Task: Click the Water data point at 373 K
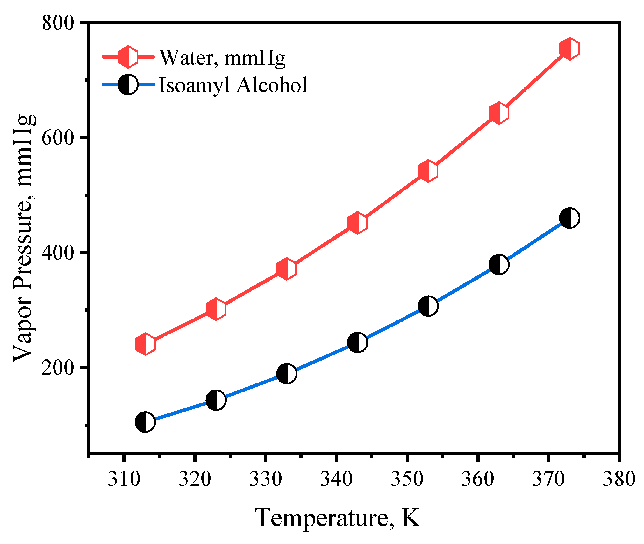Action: (x=569, y=48)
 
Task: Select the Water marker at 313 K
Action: (x=145, y=344)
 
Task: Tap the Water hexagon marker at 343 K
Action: (x=357, y=223)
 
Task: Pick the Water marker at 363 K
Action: (x=499, y=113)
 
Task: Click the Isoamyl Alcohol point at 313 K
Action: (x=145, y=422)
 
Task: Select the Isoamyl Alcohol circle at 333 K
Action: (x=287, y=373)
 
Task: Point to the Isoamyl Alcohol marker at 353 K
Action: (x=428, y=306)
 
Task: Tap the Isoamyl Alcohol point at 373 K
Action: (x=569, y=218)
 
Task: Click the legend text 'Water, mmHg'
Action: (x=222, y=58)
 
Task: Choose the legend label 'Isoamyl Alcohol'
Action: (x=233, y=85)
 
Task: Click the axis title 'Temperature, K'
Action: (x=337, y=517)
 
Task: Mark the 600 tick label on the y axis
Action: (x=58, y=138)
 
